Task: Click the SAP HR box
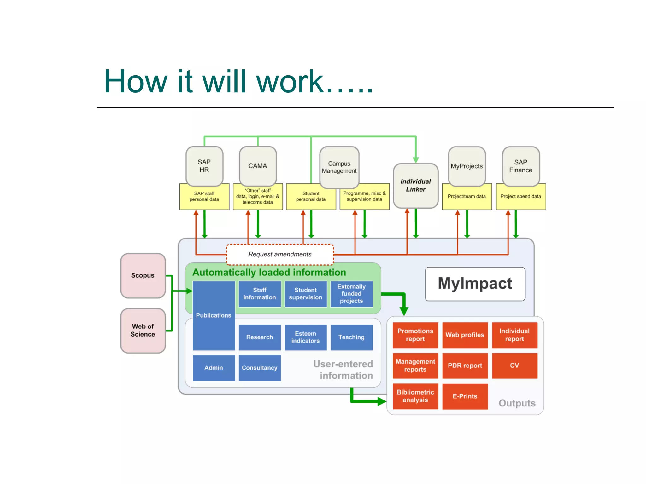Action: point(204,166)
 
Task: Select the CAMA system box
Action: point(258,166)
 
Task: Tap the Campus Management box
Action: point(339,167)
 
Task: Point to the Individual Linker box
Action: point(415,186)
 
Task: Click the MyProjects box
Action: point(467,166)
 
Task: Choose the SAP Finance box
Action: point(520,166)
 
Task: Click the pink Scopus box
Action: point(143,275)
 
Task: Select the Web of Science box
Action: point(143,330)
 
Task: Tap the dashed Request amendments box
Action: point(280,254)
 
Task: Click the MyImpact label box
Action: point(475,284)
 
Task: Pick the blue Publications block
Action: point(214,315)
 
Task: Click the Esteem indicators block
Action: point(305,337)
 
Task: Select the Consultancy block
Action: point(259,368)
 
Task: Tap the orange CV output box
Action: point(514,366)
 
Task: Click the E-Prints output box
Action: point(465,396)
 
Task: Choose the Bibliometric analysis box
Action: point(415,396)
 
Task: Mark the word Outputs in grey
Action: point(517,403)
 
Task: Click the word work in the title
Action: point(290,82)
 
